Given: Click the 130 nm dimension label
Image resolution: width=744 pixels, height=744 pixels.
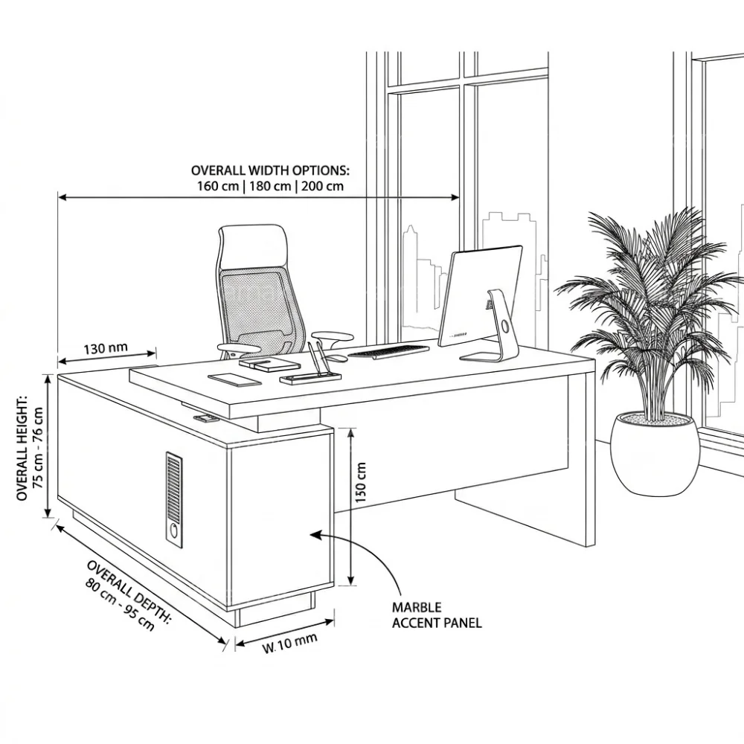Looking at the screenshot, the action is coord(106,348).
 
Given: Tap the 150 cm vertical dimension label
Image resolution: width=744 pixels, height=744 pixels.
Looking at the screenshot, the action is coord(361,482).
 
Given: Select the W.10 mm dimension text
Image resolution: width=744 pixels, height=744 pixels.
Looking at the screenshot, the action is coord(290,643).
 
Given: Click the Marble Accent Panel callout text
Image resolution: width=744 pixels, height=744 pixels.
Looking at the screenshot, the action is coord(437,615).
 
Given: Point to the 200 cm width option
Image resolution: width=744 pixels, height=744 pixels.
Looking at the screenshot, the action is coord(322,185).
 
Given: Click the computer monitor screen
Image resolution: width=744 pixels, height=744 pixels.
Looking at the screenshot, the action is coord(479,295).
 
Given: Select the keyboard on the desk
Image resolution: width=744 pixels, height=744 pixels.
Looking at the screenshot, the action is coord(388,351).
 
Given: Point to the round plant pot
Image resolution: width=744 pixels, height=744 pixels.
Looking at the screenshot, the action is coord(654,454).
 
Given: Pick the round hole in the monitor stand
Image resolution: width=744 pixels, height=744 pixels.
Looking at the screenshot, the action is coord(505,327).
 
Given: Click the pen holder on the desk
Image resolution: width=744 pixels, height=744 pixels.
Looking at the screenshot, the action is coord(310,377).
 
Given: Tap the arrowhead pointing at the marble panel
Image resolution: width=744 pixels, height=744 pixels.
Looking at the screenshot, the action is coord(317,535).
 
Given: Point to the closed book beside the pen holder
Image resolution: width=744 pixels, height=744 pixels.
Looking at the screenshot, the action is coord(270,365).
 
